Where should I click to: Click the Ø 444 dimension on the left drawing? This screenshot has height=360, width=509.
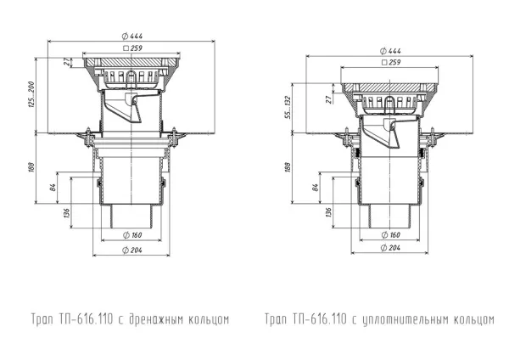(x=132, y=36)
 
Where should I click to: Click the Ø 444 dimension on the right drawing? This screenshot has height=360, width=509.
(x=390, y=51)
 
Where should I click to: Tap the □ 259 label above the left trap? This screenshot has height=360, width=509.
(x=133, y=48)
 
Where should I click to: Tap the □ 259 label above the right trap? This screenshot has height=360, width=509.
(x=391, y=62)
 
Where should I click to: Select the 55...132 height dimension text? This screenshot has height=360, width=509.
(x=288, y=108)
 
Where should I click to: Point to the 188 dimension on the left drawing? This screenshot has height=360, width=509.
(x=31, y=167)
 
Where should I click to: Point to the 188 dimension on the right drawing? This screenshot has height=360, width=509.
(x=288, y=166)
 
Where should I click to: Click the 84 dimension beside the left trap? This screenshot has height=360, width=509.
(x=53, y=188)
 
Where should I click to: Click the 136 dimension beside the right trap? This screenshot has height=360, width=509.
(x=328, y=212)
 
